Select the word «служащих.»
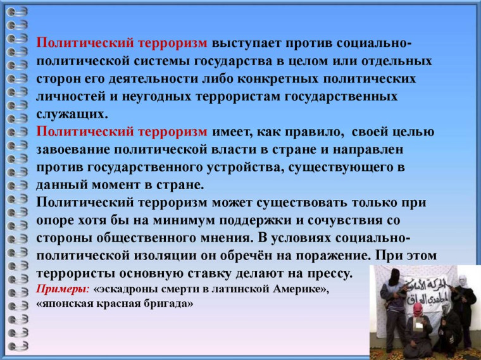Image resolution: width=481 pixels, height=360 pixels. (x=73, y=115)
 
